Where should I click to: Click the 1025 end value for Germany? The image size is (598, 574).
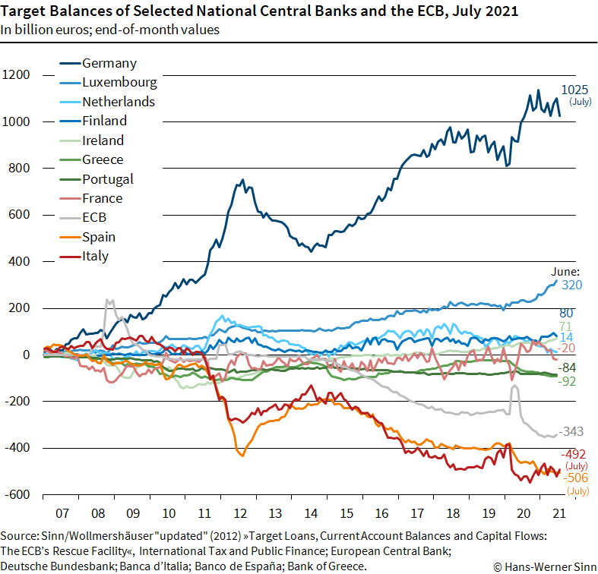[x=575, y=90]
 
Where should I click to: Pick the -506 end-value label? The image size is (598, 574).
[x=576, y=478]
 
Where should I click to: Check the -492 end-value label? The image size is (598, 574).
[x=575, y=454]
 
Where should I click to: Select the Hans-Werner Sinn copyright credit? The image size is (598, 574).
[x=542, y=566]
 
